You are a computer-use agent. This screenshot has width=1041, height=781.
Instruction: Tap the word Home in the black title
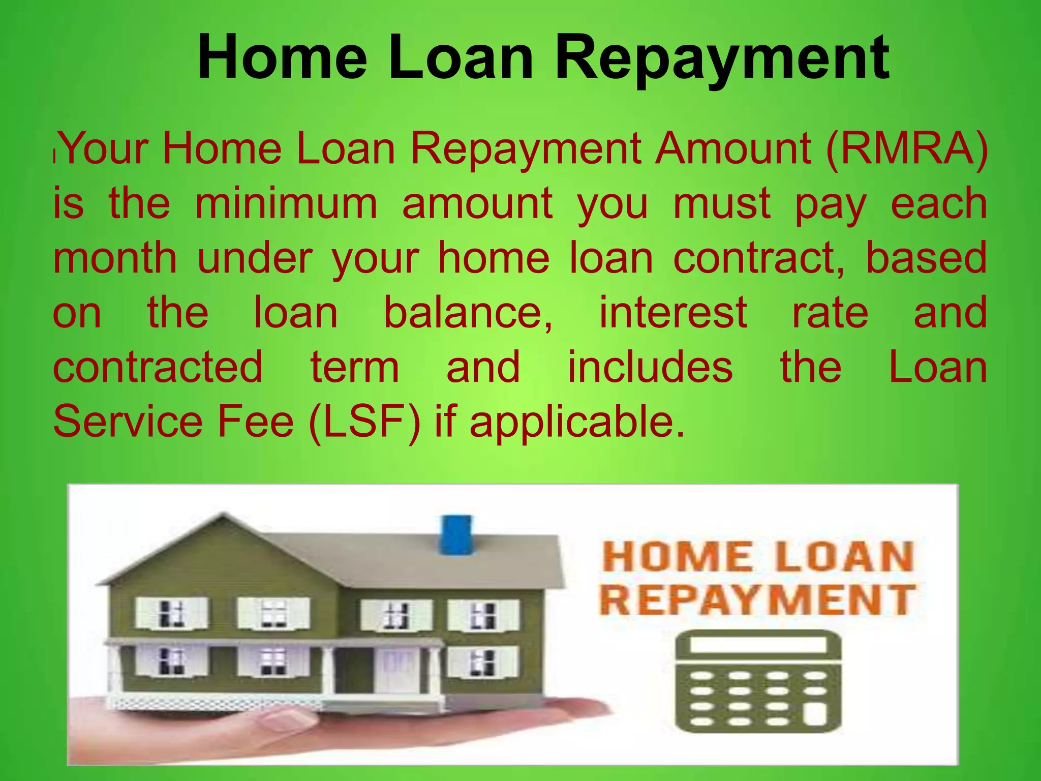[283, 57]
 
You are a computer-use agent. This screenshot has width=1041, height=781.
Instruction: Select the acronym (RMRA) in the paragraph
[907, 149]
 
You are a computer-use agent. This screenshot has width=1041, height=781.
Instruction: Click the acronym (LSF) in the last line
[365, 422]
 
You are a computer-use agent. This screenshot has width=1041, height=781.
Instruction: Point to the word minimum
[286, 204]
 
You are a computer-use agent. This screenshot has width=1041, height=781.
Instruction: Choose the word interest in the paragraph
[673, 313]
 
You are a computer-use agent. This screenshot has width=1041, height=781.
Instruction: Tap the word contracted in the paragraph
[158, 367]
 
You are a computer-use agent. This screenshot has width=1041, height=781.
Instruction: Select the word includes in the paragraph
[650, 367]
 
